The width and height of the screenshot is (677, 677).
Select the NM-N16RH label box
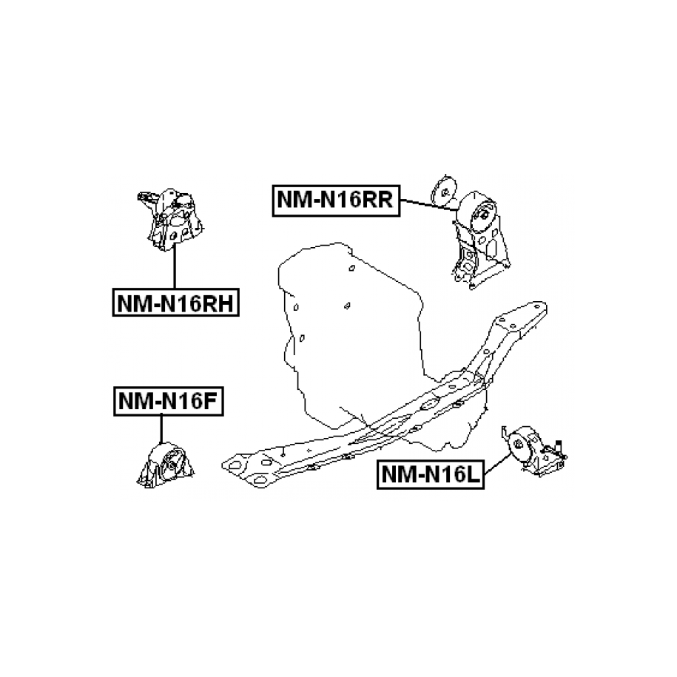[175, 302]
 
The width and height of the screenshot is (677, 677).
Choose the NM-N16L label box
[430, 474]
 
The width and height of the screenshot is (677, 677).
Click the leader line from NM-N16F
[160, 429]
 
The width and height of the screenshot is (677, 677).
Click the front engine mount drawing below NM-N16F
[166, 466]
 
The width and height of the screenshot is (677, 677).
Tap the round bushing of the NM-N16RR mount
[479, 216]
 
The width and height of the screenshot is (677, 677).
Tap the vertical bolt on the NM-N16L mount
[560, 448]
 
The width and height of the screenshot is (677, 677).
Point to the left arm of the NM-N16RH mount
[146, 199]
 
